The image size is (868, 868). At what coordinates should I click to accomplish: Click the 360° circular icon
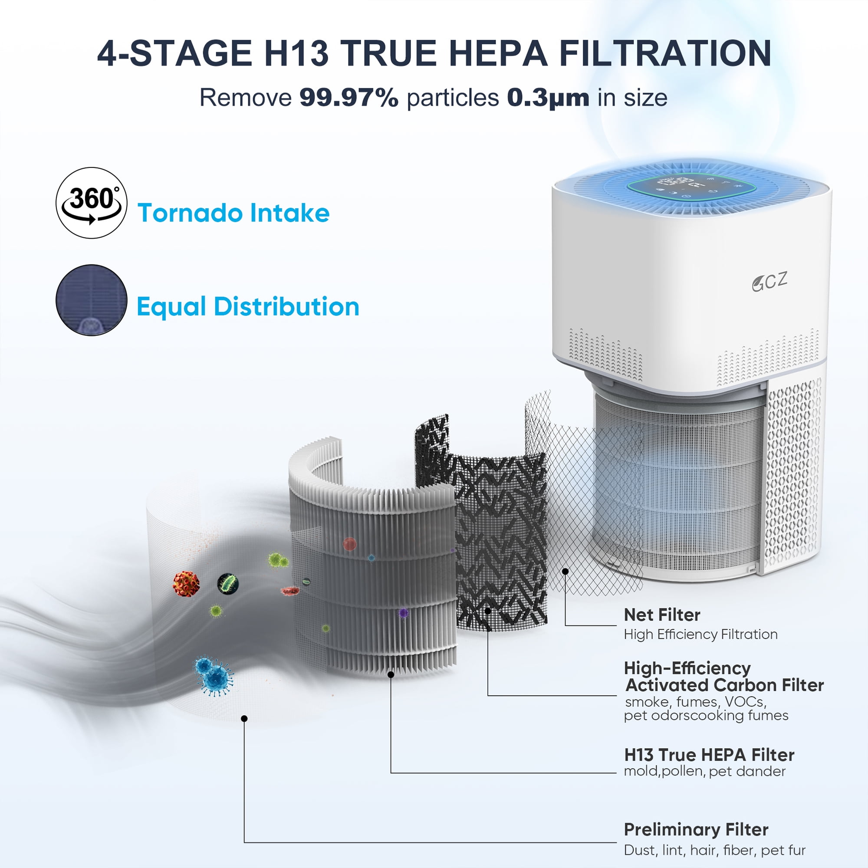91,203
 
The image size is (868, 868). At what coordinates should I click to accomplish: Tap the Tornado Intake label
233,213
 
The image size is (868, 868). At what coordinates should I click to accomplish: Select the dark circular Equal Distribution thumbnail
91,300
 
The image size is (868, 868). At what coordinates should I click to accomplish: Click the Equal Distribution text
248,307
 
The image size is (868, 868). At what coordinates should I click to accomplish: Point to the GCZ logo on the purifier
769,282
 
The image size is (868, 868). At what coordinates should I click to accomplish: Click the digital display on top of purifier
691,188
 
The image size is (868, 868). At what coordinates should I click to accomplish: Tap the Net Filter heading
662,615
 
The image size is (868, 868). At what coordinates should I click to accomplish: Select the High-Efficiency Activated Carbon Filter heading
724,676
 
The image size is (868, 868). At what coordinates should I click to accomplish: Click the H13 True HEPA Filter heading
709,755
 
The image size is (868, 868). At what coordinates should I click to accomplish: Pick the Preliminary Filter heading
696,830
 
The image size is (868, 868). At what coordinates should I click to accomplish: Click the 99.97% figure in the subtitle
349,98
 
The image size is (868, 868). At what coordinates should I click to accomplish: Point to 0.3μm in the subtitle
548,98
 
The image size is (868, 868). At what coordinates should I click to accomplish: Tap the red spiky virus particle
186,583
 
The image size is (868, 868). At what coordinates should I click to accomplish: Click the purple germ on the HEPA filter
403,613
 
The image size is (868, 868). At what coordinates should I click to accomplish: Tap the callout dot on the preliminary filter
244,719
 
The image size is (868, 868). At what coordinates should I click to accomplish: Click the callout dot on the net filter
565,572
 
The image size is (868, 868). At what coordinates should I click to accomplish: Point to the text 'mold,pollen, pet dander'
704,771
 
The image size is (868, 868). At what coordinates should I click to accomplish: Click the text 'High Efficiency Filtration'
700,635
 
